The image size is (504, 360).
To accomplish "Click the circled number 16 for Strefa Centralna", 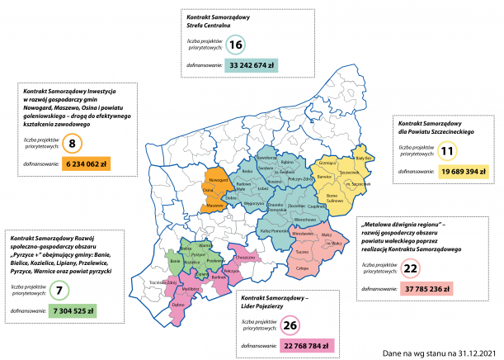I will pyautogui.click(x=237, y=45).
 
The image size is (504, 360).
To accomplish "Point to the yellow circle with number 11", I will pyautogui.click(x=447, y=152).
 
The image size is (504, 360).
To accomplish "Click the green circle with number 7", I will pyautogui.click(x=59, y=291).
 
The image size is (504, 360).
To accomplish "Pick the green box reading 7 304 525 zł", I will pyautogui.click(x=73, y=311).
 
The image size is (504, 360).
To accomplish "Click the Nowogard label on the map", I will pyautogui.click(x=218, y=179).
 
